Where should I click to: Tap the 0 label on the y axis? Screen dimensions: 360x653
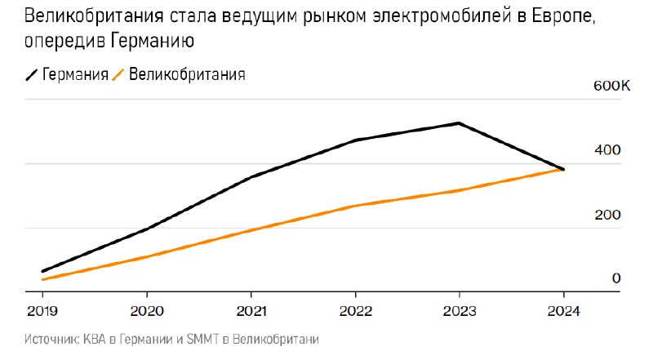pyautogui.click(x=616, y=278)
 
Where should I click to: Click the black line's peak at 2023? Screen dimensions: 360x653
pyautogui.click(x=460, y=123)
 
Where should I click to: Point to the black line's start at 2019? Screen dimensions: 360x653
pyautogui.click(x=42, y=271)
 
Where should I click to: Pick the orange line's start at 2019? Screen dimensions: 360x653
pyautogui.click(x=42, y=280)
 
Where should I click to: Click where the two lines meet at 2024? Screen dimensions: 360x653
pyautogui.click(x=563, y=169)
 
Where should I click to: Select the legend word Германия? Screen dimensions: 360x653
pyautogui.click(x=76, y=75)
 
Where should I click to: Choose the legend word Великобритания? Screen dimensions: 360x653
pyautogui.click(x=187, y=75)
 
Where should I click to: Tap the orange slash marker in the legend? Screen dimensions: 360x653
pyautogui.click(x=118, y=75)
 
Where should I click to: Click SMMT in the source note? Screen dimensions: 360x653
pyautogui.click(x=198, y=339)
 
